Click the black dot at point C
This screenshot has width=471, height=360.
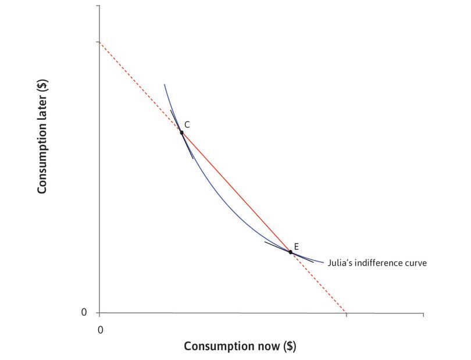181,133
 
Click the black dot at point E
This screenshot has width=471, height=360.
290,252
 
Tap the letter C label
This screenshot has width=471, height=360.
187,124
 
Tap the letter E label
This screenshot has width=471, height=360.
296,247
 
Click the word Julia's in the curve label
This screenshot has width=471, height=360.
341,263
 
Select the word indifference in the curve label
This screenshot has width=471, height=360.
380,263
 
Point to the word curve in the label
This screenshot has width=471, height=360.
417,263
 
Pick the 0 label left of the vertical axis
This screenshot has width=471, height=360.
84,312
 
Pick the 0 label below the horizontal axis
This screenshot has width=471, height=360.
100,330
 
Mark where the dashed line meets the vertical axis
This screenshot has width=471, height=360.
99,42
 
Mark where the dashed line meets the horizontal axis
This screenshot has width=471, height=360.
346,313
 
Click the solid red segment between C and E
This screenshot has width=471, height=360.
235,192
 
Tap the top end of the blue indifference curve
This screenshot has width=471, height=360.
165,85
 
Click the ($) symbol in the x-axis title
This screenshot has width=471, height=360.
290,346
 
